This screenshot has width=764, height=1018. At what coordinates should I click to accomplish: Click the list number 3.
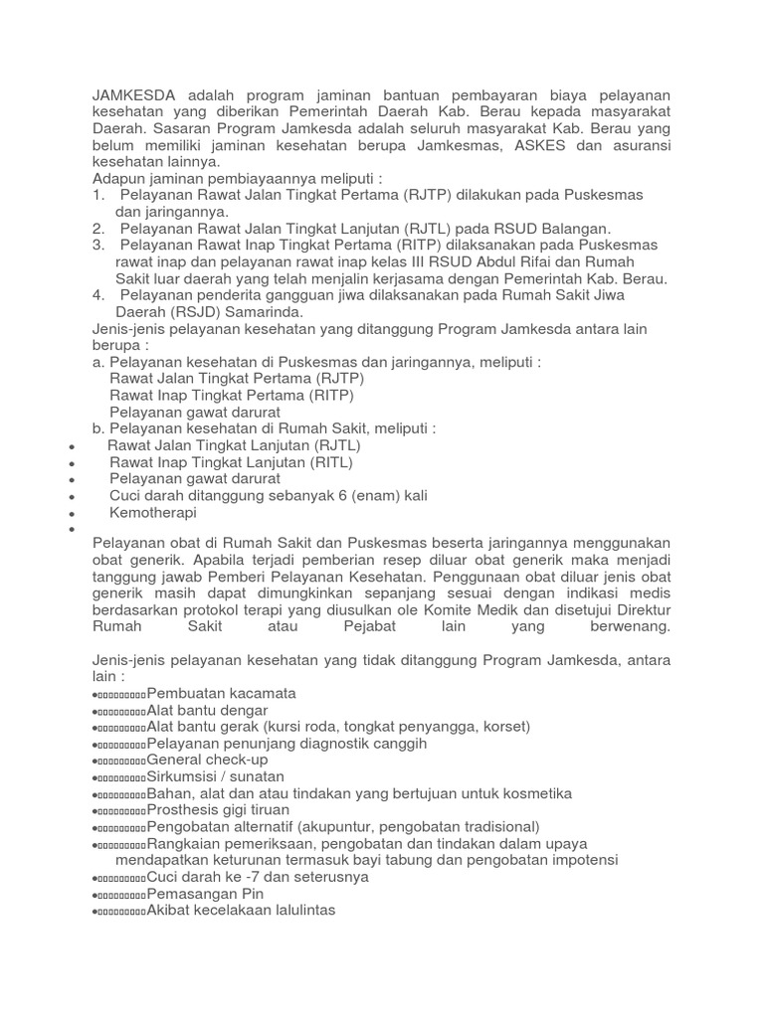(97, 245)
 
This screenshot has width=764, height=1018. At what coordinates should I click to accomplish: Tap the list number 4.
(97, 295)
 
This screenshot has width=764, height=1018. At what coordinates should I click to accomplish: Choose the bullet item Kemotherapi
(153, 513)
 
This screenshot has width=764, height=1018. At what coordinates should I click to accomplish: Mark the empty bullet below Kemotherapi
(73, 530)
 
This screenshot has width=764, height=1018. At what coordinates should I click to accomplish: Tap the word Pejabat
(356, 626)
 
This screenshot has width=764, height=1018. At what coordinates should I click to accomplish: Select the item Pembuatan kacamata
(221, 693)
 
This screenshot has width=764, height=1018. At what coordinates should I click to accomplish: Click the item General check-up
(207, 760)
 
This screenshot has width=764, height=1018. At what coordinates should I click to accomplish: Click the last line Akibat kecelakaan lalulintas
(241, 911)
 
